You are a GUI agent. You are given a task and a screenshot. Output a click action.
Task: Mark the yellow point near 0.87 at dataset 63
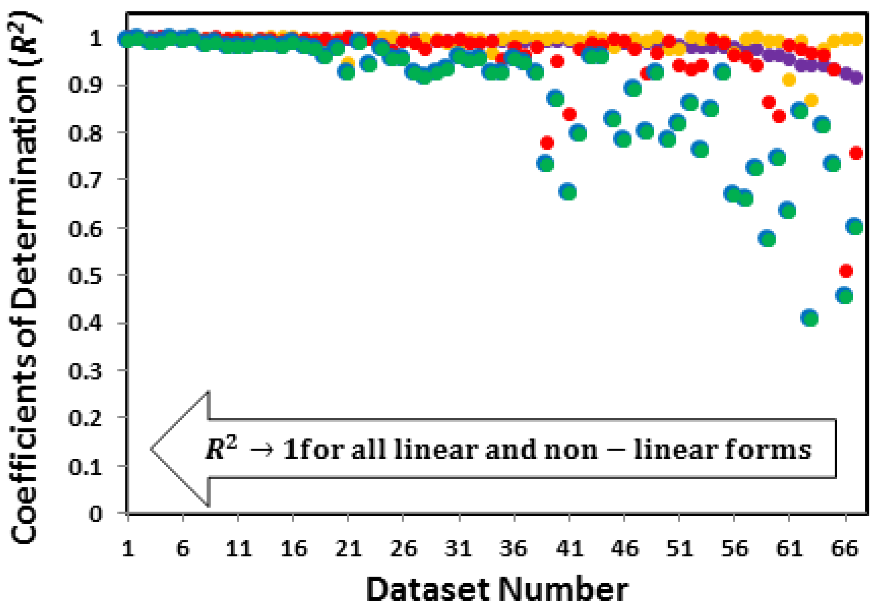pos(811,101)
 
